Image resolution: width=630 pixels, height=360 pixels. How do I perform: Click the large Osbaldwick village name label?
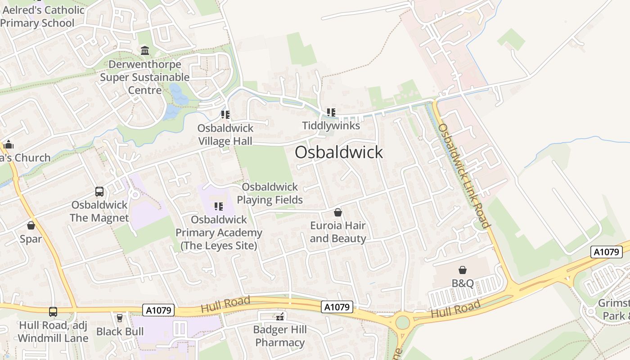(x=339, y=152)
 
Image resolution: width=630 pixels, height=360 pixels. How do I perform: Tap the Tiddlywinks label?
(x=331, y=126)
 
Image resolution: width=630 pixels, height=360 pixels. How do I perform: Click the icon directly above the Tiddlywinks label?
(x=331, y=112)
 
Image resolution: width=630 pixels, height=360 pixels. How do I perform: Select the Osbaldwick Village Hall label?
(x=225, y=135)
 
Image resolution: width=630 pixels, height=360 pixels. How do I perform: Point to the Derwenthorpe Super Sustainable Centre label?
(x=145, y=77)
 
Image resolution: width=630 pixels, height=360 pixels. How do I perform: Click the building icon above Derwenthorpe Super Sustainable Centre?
(x=145, y=50)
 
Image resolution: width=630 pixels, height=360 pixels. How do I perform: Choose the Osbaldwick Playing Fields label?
(x=270, y=193)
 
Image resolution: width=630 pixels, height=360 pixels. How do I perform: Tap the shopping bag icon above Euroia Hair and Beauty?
(x=338, y=212)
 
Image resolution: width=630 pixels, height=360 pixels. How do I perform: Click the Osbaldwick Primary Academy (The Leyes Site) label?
(x=219, y=233)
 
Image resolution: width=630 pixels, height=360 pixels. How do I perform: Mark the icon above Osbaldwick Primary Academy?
(x=219, y=207)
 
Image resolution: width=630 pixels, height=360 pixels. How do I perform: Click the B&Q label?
(x=463, y=283)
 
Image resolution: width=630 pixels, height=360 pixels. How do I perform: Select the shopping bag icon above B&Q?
(x=463, y=270)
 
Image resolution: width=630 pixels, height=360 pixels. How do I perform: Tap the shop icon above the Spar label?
(x=31, y=225)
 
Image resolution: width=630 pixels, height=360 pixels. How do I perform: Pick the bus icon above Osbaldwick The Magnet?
(x=99, y=192)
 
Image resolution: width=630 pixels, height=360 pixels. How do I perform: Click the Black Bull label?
(x=120, y=332)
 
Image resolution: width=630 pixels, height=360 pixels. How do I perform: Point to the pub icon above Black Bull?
(x=120, y=318)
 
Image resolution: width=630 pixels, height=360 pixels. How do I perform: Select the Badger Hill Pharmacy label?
(x=280, y=336)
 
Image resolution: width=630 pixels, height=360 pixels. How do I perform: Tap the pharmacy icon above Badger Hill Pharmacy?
(x=280, y=317)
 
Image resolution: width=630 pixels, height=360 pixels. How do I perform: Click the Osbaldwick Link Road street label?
(x=463, y=175)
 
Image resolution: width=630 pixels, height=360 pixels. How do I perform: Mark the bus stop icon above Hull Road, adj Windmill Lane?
(x=53, y=311)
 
